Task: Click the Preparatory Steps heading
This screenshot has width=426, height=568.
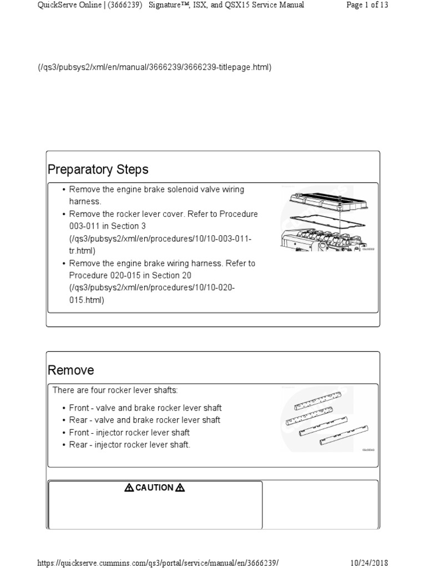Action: [x=98, y=169]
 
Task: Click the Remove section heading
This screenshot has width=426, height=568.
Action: [x=71, y=370]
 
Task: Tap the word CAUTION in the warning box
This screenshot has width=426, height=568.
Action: [x=155, y=488]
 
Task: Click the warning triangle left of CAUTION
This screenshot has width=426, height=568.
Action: [x=129, y=488]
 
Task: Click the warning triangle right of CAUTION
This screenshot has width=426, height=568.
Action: [x=180, y=488]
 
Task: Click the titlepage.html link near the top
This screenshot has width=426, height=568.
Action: [x=154, y=67]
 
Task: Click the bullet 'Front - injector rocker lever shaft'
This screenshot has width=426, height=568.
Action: [x=129, y=433]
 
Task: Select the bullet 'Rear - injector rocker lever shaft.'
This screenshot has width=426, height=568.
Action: [x=130, y=445]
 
